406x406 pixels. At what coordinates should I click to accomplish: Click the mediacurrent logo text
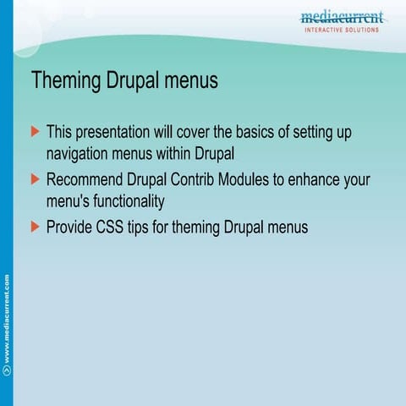coord(342,17)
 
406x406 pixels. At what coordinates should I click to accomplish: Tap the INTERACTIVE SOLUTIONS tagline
coord(342,30)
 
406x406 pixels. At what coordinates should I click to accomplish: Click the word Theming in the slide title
coord(67,81)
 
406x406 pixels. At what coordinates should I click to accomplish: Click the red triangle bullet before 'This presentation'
coord(35,132)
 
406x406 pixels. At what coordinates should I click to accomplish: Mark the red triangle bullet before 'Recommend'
coord(35,179)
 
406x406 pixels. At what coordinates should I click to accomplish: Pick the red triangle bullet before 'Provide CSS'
coord(35,227)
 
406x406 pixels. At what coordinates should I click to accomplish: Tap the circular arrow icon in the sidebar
coord(7,370)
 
